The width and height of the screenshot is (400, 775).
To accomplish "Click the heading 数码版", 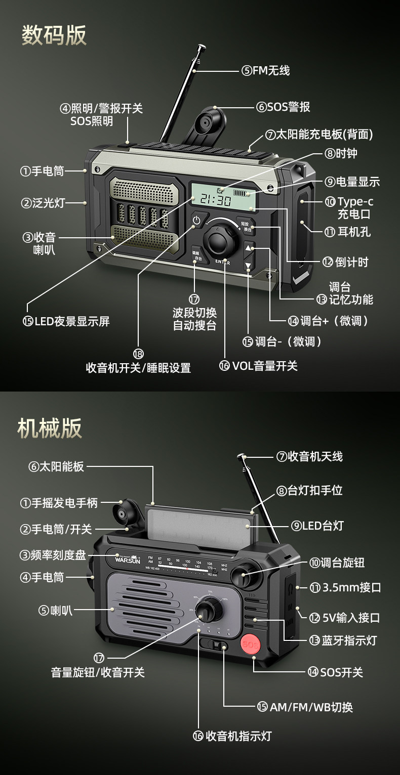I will pos(54,35).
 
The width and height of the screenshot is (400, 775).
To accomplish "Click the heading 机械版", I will pos(50,427).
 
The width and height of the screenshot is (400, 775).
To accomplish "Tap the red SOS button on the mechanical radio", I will pos(250,645).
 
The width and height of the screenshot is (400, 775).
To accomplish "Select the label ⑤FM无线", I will pos(265,71).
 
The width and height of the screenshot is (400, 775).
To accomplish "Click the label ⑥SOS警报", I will pos(283,107).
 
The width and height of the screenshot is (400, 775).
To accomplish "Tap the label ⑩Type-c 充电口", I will pos(349,207).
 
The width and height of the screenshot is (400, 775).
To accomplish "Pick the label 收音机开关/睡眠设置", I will pos(138,368).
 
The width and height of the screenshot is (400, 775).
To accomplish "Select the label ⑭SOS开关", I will pos(335,672).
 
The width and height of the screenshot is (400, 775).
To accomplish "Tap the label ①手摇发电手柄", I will pos(58,503).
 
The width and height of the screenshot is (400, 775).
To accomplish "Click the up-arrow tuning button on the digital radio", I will pos(249,247).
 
